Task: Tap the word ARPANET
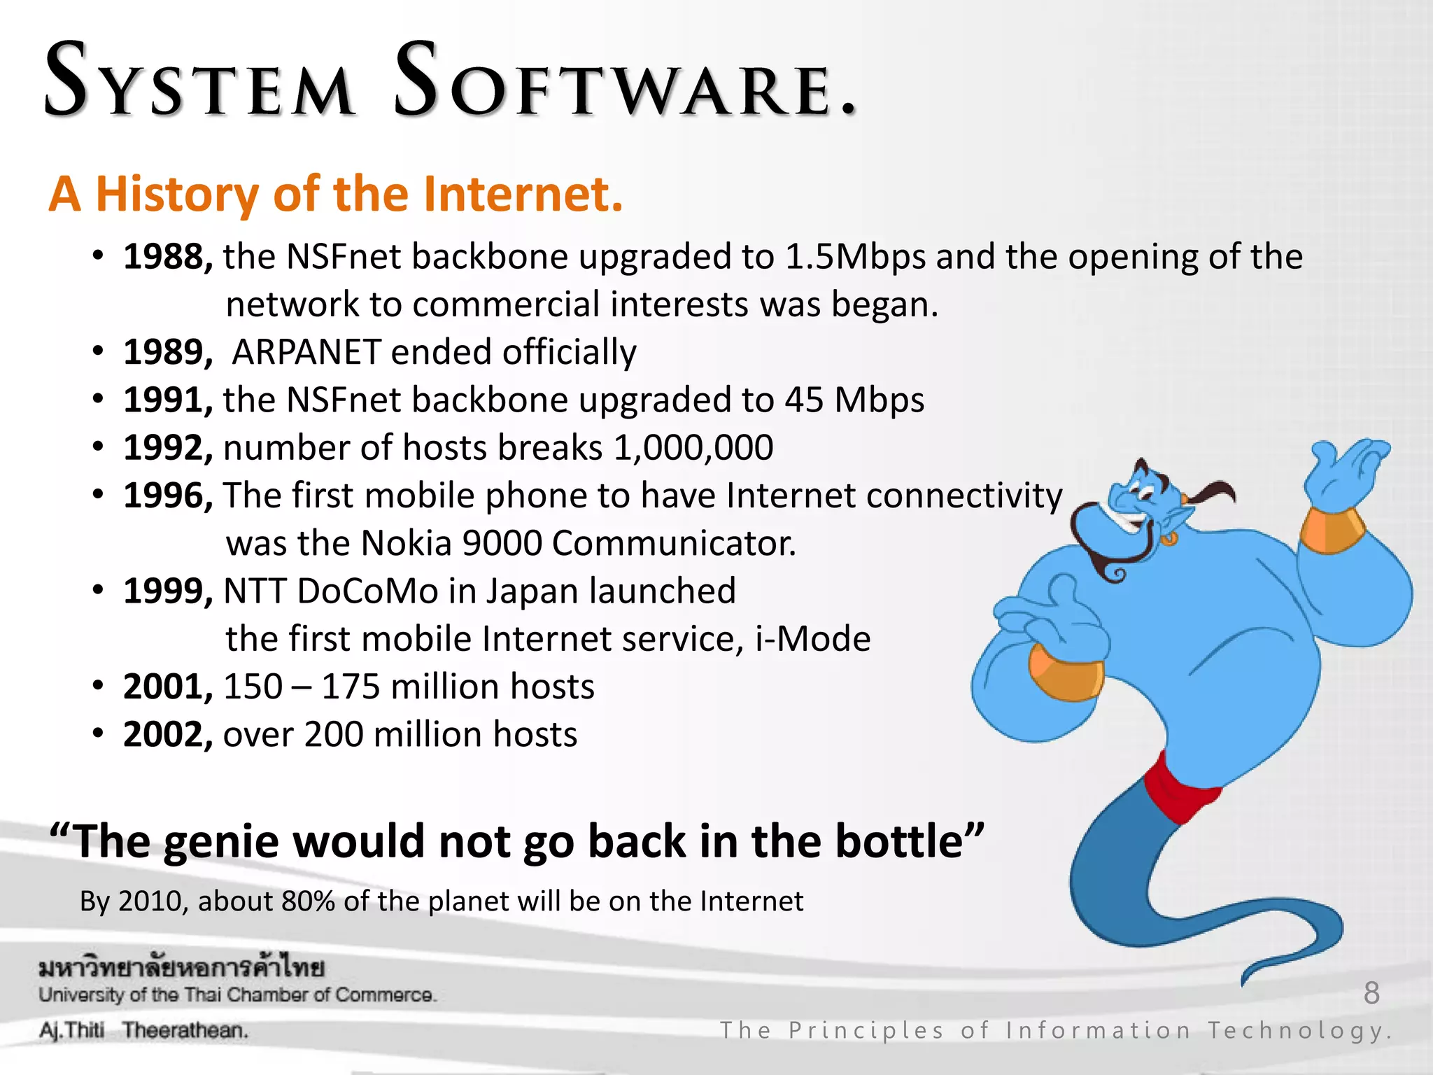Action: click(x=306, y=352)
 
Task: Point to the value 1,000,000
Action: click(x=693, y=448)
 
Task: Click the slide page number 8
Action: click(x=1371, y=993)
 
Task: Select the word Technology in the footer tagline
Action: click(x=1299, y=1031)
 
